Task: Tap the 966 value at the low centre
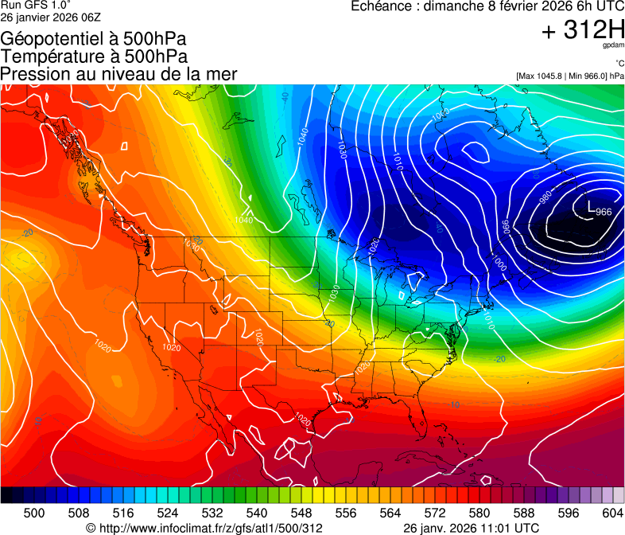(x=604, y=212)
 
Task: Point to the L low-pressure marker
(x=590, y=207)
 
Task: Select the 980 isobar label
(x=545, y=196)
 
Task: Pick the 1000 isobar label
(x=499, y=262)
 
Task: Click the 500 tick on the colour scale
(x=34, y=513)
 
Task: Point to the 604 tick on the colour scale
(x=613, y=513)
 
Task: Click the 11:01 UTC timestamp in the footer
(x=510, y=528)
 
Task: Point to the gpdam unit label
(x=613, y=47)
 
